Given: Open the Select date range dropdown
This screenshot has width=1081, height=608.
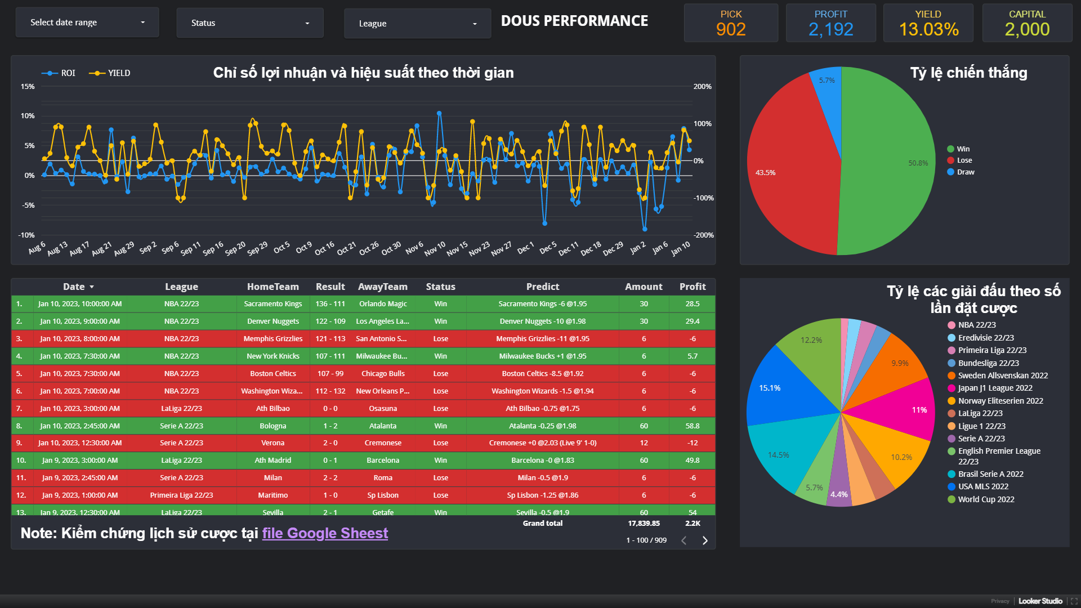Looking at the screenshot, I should tap(87, 23).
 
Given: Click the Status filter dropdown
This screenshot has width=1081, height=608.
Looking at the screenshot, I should tap(250, 23).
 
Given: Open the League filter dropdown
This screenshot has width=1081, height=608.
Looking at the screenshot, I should tap(417, 24).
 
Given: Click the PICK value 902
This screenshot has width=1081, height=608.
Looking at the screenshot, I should tap(731, 29).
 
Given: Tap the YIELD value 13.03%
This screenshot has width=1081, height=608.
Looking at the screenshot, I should tap(928, 29).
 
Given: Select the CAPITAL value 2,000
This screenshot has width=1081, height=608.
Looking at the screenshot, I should tap(1027, 29).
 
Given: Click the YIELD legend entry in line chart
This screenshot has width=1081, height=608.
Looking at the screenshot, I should tap(110, 73).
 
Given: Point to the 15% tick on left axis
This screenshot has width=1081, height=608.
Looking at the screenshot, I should tap(28, 87).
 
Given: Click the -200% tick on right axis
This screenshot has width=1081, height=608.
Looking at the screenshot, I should tap(703, 235).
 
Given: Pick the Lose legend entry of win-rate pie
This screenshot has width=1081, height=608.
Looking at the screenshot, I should tap(964, 160).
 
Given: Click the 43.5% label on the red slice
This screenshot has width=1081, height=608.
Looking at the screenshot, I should tap(765, 173).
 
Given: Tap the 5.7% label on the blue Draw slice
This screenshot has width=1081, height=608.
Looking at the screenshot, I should tap(827, 81).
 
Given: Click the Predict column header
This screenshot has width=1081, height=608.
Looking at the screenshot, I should tap(542, 287).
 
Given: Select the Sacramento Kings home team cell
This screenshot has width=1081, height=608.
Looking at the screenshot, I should tap(273, 304).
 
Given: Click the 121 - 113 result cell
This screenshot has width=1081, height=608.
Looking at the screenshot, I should tap(330, 339).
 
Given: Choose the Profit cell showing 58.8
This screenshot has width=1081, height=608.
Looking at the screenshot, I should tap(693, 426).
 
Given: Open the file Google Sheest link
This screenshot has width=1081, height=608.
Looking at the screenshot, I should tap(325, 533).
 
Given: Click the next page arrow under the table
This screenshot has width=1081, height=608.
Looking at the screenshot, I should tap(705, 540).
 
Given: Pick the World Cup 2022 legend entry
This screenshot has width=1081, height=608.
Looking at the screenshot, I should tap(985, 499).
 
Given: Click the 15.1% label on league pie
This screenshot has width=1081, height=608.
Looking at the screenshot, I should tap(770, 388).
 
